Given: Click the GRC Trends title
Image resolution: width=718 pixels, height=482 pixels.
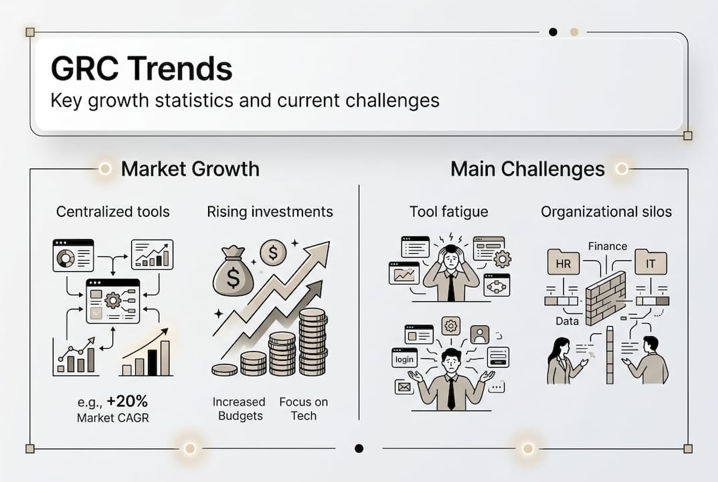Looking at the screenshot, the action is (x=141, y=68).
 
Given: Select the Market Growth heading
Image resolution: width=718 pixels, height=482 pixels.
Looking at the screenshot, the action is (x=190, y=169).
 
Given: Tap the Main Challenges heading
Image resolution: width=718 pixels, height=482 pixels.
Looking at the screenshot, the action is (x=527, y=169).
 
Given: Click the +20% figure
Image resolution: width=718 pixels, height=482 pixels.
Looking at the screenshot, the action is (x=127, y=402).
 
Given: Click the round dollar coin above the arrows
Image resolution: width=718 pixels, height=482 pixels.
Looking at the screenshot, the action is (x=273, y=252).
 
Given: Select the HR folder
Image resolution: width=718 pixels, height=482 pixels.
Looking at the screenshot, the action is (x=563, y=262).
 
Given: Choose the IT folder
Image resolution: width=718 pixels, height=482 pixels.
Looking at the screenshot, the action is (x=650, y=262).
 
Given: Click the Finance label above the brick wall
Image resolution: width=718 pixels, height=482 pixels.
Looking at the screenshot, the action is (x=608, y=246).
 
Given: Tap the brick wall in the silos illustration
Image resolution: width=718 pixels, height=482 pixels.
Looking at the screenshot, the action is (x=606, y=298).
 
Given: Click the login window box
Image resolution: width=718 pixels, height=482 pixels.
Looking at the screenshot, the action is (x=404, y=358).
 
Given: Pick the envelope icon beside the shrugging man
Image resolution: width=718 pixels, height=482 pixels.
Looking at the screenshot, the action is (x=404, y=387).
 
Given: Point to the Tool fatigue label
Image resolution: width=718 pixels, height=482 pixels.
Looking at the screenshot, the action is (x=449, y=212).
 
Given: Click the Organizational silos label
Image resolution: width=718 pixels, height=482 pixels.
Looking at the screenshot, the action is (x=606, y=212).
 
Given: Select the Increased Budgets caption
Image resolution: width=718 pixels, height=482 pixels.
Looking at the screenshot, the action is (x=239, y=408).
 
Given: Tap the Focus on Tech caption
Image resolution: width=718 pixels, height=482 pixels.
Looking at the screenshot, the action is (x=304, y=408).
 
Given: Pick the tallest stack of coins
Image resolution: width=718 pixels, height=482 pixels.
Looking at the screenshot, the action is (x=312, y=341).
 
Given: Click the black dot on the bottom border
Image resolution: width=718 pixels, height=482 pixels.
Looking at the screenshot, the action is (x=359, y=448).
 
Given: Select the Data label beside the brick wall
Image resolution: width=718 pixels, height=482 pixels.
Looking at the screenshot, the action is (x=567, y=321).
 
